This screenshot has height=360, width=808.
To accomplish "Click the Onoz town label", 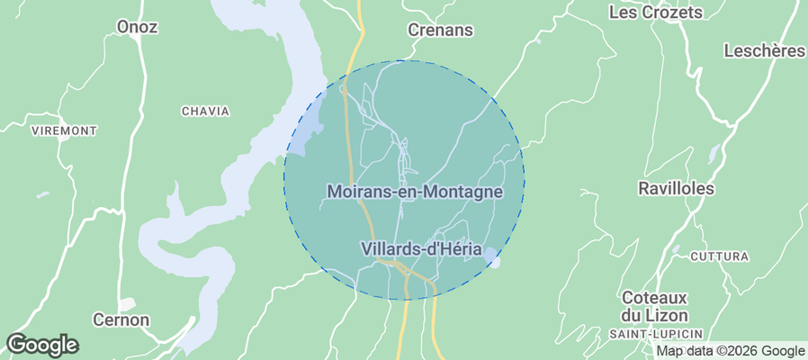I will (137, 27).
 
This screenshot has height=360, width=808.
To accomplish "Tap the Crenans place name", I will (440, 30).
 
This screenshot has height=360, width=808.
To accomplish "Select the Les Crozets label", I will (655, 13).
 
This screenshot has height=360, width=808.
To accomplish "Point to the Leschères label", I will (764, 51).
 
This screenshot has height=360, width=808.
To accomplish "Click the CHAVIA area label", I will (205, 112).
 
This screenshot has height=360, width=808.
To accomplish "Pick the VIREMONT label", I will (64, 131).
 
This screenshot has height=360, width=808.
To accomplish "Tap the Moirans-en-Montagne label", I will (414, 192).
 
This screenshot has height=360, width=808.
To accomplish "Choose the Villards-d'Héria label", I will (421, 248).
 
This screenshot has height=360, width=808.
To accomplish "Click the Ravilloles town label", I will (675, 189).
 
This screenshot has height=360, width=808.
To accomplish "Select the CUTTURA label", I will (719, 256).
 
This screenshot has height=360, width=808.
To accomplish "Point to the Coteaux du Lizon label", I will (654, 306).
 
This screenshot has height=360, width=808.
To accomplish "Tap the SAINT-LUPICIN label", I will (654, 335).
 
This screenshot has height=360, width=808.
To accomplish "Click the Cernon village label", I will (121, 319).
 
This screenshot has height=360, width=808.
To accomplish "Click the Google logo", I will (42, 344).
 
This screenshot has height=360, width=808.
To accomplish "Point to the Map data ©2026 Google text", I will (730, 351).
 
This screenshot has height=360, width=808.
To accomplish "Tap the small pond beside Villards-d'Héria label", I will (490, 259).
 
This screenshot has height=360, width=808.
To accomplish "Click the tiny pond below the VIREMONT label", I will (43, 194).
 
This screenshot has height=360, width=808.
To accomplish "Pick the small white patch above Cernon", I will (127, 303).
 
